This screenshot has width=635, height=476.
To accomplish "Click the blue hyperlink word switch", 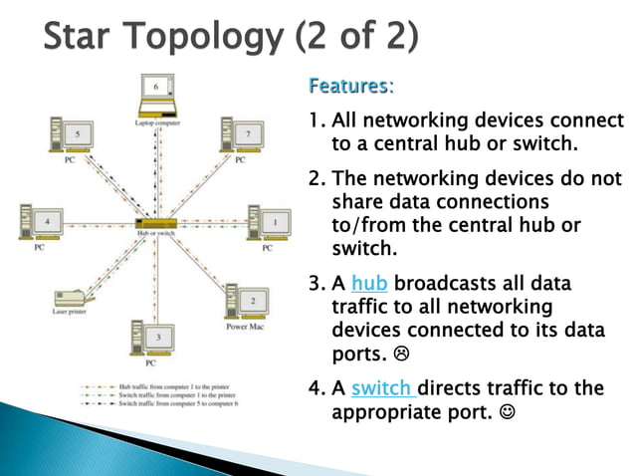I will point(382,387).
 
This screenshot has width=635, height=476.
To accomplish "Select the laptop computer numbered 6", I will point(155,96).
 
